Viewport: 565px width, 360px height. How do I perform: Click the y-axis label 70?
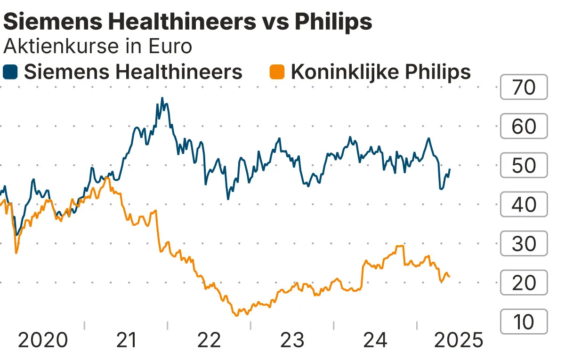tap(524, 88)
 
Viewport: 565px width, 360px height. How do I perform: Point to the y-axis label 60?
tap(524, 127)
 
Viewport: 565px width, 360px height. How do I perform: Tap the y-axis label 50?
tap(524, 166)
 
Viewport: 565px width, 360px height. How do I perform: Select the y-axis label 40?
tap(524, 205)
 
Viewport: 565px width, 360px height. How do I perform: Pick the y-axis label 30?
tap(524, 244)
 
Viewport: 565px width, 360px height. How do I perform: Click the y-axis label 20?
tap(524, 283)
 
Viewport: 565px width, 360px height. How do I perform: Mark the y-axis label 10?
tap(524, 322)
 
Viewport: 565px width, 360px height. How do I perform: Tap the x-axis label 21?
tap(126, 340)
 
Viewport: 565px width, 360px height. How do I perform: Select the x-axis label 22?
tap(209, 340)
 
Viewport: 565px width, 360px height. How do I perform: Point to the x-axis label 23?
tap(292, 340)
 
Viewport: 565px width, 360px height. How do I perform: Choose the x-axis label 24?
tap(375, 340)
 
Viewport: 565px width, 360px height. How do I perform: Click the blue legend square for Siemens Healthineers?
tap(10, 72)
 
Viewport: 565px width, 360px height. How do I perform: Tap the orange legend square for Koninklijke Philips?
tap(277, 72)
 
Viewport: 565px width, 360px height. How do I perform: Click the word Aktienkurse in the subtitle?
tap(52, 47)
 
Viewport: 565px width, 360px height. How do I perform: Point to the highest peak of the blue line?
tap(162, 98)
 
